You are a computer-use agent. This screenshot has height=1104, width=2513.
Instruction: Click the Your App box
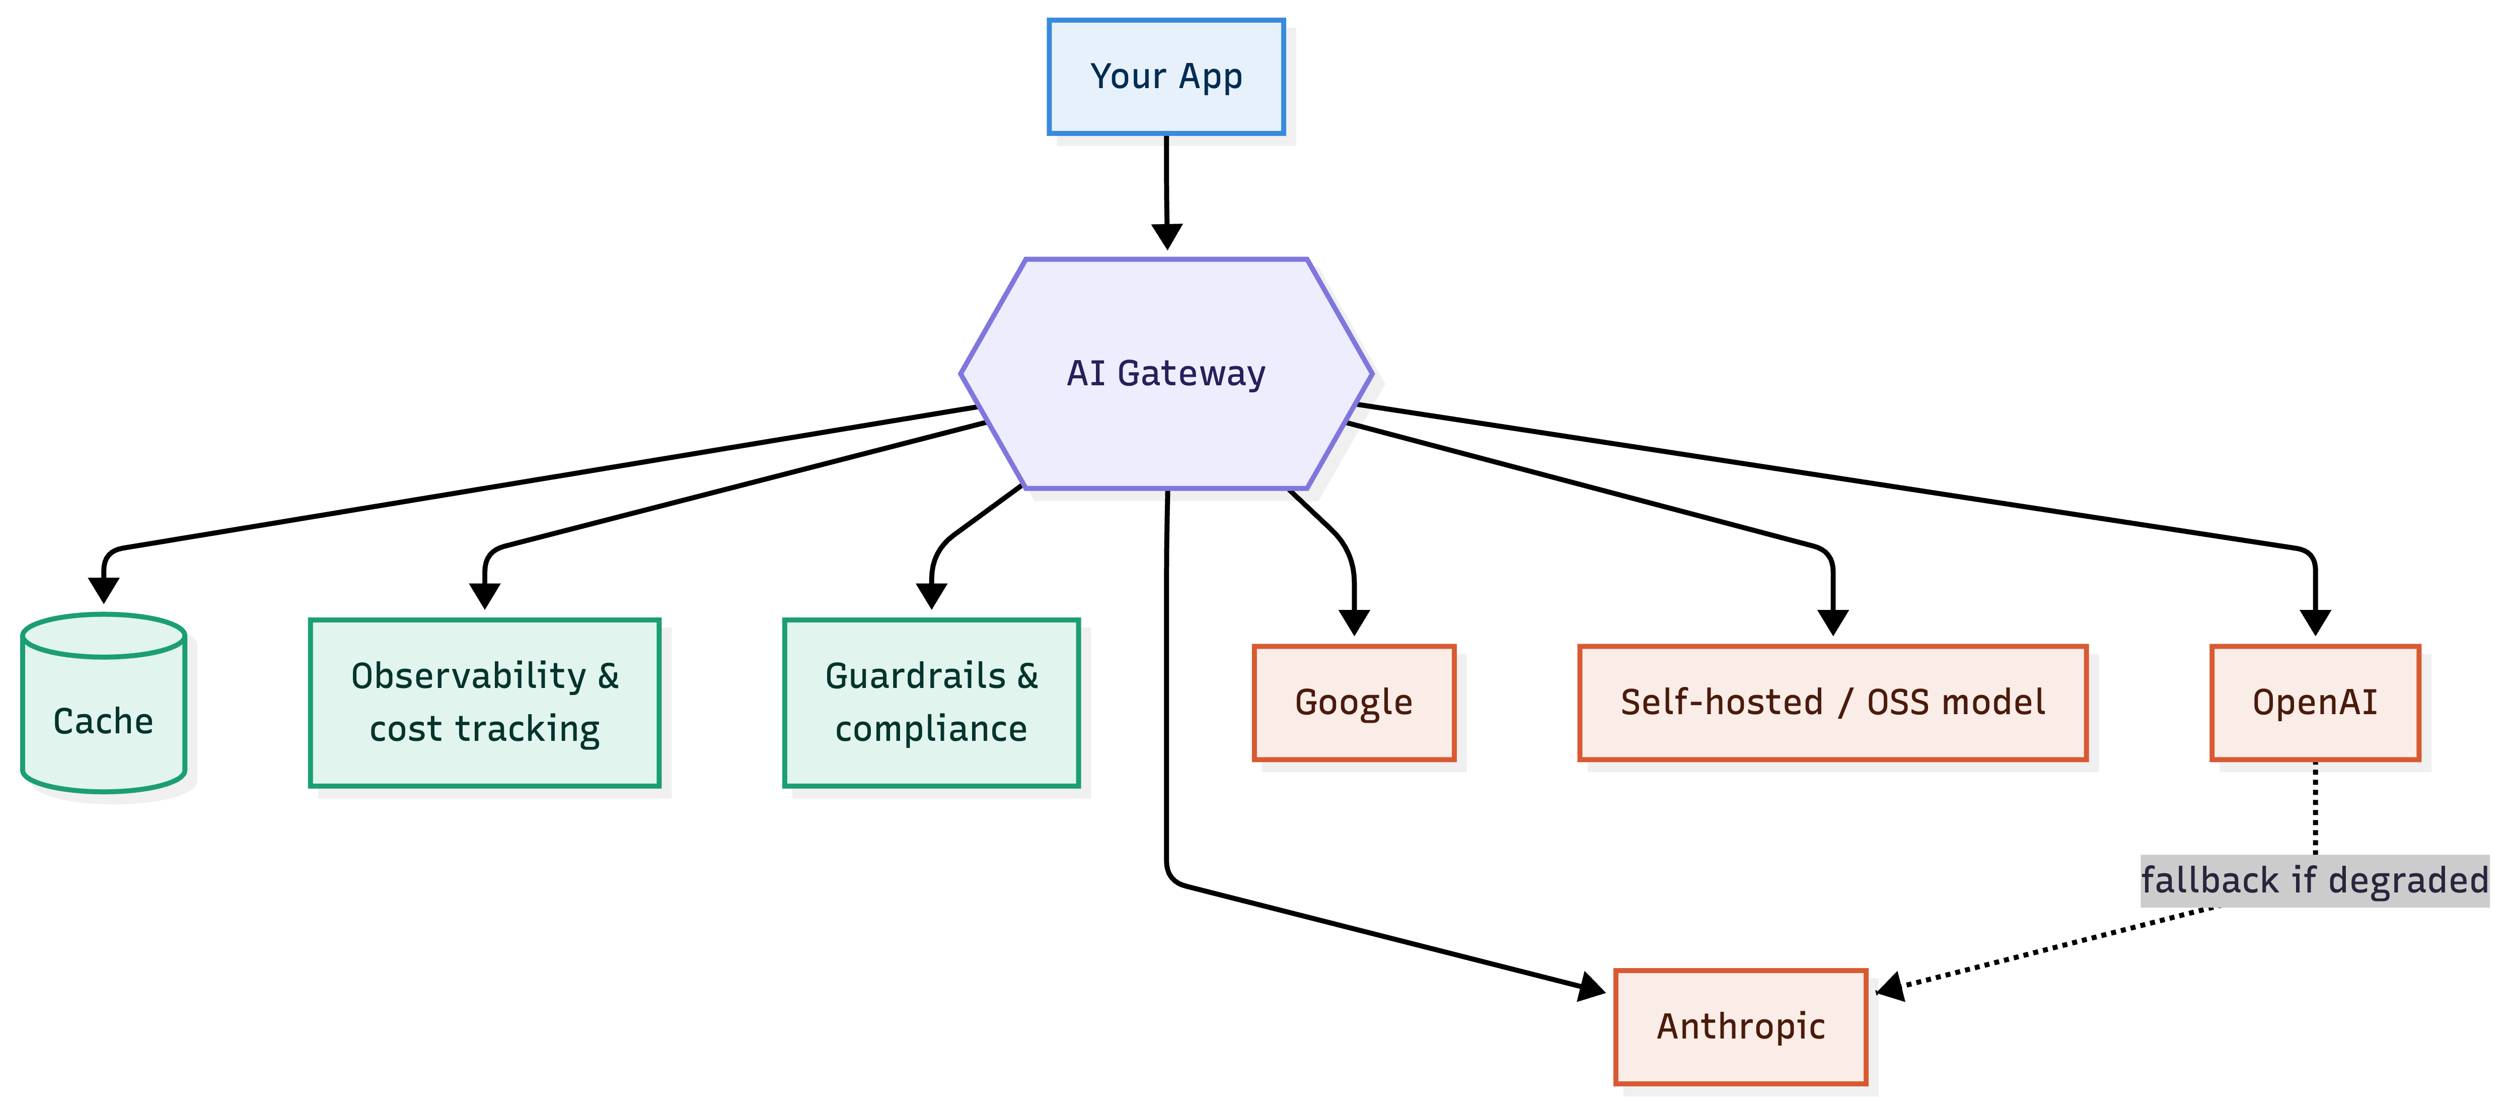coord(1166,76)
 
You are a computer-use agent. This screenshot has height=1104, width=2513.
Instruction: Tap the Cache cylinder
coord(103,703)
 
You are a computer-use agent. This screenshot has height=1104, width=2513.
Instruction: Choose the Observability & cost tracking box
coord(485,703)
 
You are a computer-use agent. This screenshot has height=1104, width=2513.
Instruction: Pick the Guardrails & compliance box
coord(932,703)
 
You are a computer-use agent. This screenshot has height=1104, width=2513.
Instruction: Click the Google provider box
coord(1354,703)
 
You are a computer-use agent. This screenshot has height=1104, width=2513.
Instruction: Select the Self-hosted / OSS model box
coord(1833,703)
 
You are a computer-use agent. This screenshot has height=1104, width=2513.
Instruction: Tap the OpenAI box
coord(2315,703)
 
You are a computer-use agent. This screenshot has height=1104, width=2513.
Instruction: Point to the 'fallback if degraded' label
coord(2315,880)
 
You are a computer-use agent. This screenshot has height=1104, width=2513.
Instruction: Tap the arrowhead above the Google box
coord(1354,622)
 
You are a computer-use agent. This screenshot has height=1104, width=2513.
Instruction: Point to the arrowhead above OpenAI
coord(2315,622)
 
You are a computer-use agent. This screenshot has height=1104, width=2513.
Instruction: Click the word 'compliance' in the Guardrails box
coord(932,729)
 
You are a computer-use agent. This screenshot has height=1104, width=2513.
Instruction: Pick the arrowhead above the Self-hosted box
coord(1833,622)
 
